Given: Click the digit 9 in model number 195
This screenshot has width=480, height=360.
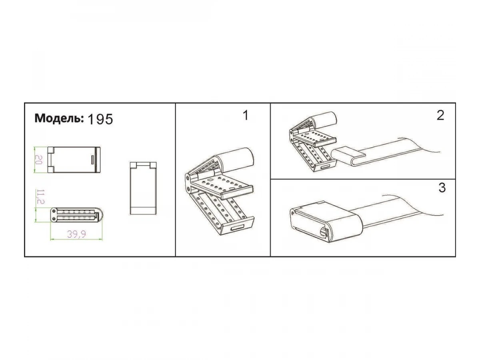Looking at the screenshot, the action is click(x=100, y=120).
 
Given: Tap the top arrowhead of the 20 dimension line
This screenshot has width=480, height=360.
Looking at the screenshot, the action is click(x=34, y=148).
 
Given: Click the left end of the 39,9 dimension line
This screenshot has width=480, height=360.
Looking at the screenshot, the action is click(x=50, y=240).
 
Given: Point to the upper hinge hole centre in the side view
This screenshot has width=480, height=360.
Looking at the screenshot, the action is click(x=54, y=211).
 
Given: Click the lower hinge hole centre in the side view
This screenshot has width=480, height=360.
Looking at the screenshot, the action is click(x=54, y=219).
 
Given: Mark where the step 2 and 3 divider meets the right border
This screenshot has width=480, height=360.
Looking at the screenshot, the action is click(x=456, y=179).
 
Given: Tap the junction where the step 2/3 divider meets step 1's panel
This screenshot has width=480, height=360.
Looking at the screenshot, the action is click(x=270, y=179).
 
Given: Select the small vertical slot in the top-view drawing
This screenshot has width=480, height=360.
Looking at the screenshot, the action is click(x=92, y=160).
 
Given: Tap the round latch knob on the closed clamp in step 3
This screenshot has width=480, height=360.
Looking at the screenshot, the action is click(x=322, y=232).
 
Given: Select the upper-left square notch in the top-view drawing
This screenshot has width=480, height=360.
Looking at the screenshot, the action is click(x=50, y=150).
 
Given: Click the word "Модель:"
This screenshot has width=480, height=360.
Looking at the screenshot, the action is click(x=59, y=118).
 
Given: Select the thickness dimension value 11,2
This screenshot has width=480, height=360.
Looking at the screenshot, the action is click(x=40, y=197).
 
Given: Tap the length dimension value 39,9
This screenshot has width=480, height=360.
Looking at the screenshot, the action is click(x=76, y=234).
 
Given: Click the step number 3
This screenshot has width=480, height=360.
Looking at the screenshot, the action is click(x=442, y=188).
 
